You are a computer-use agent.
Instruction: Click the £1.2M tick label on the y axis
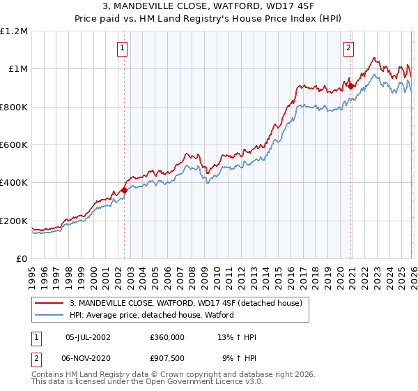click(x=13, y=31)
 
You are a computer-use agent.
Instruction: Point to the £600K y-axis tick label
click(x=13, y=145)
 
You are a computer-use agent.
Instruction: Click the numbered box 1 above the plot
click(x=123, y=48)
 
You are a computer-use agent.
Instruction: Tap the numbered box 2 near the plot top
click(x=348, y=48)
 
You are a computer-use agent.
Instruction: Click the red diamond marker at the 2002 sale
click(x=124, y=190)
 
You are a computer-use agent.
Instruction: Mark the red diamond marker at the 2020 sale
click(x=351, y=86)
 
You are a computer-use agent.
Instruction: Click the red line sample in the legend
click(x=50, y=303)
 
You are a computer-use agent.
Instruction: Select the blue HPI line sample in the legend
click(x=50, y=315)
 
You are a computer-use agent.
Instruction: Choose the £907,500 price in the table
click(x=167, y=358)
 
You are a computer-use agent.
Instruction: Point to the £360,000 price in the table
click(x=167, y=337)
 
